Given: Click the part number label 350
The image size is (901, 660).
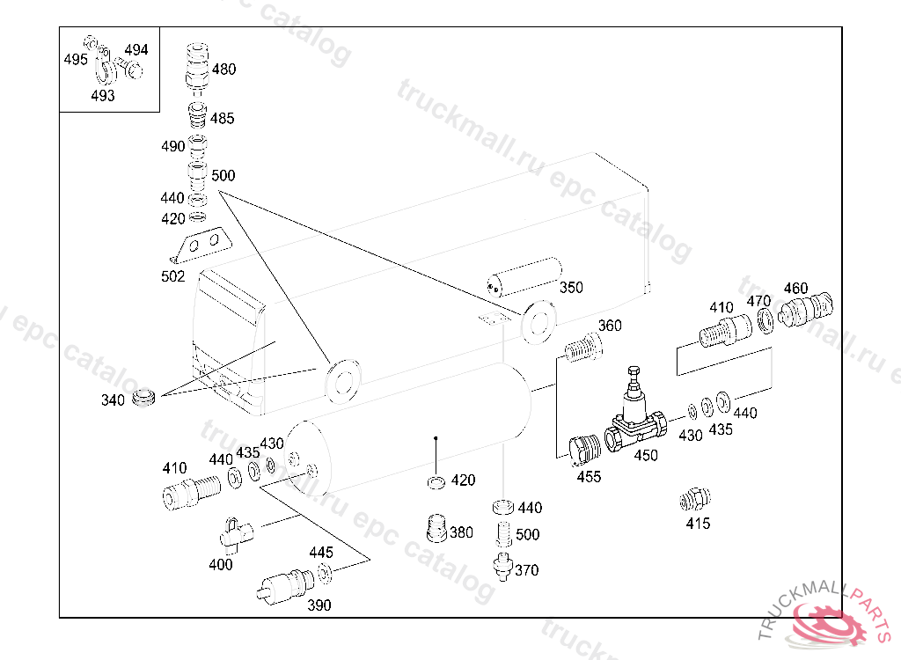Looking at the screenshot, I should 571,288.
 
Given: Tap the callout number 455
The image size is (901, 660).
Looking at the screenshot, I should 589,476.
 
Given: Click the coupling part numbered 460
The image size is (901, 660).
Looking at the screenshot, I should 805,309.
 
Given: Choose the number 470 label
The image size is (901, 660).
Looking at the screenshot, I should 759,301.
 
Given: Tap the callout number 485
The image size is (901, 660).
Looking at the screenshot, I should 222,119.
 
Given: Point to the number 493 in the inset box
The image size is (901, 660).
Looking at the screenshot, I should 102,96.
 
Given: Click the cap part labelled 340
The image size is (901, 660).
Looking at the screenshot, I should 143,397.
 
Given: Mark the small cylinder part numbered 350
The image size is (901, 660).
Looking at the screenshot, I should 524,275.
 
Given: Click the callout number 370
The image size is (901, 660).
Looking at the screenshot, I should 526,570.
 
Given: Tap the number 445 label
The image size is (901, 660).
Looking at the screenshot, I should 321,553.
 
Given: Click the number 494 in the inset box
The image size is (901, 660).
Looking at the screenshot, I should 136,50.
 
